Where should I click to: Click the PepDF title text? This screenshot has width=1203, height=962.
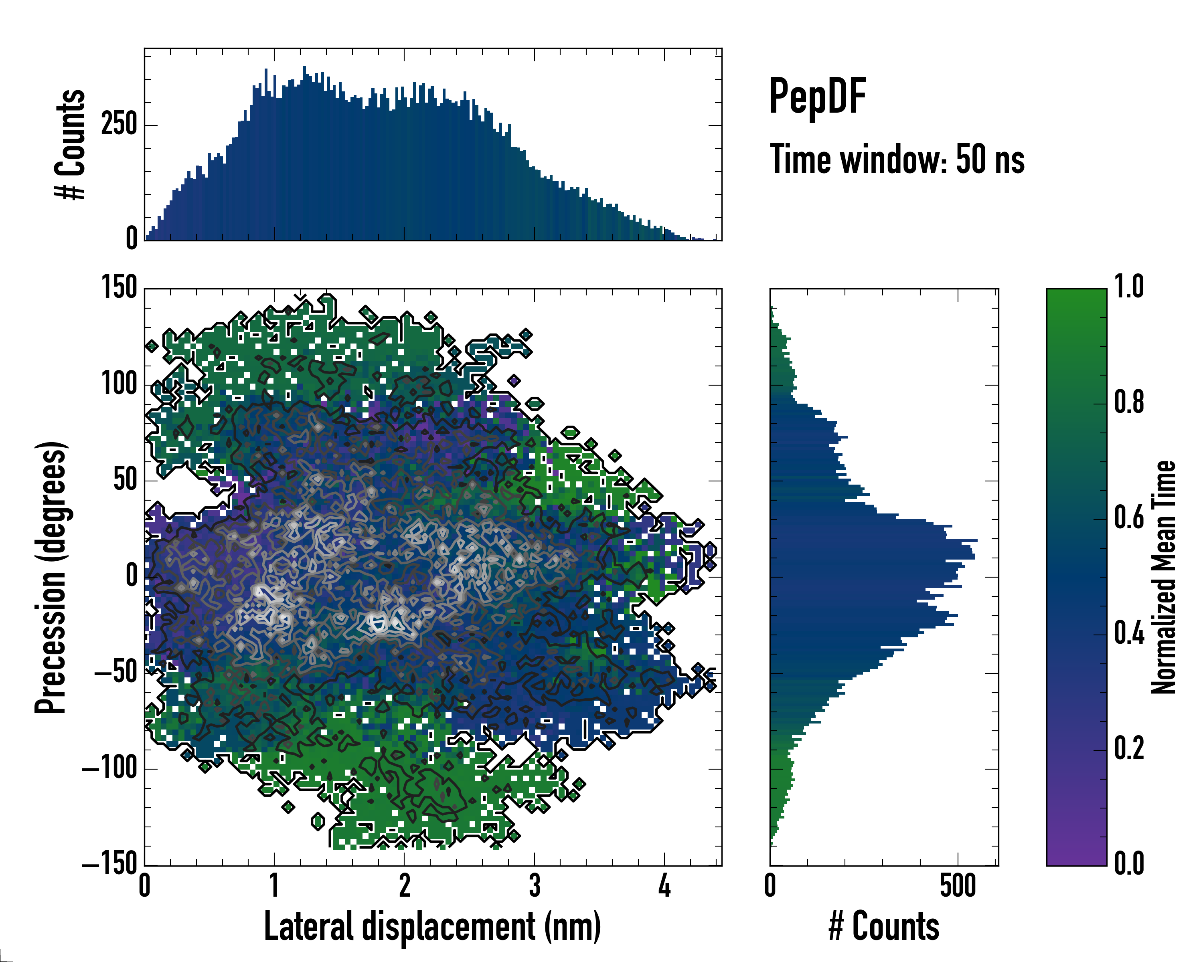click(817, 97)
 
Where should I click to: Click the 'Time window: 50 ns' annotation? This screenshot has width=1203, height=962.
click(897, 160)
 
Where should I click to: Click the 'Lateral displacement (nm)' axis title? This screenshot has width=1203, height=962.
click(432, 927)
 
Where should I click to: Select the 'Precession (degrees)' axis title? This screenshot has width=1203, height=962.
click(51, 578)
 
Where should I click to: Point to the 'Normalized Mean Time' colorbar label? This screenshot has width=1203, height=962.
click(1163, 578)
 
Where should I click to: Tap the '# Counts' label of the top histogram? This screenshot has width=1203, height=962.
click(70, 144)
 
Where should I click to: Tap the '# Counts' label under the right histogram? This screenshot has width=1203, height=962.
click(884, 927)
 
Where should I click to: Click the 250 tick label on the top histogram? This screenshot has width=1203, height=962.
click(119, 124)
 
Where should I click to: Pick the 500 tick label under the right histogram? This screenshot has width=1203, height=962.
click(958, 886)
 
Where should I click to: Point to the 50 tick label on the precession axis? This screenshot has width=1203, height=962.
click(125, 480)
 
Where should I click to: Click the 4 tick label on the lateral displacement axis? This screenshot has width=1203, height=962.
click(664, 886)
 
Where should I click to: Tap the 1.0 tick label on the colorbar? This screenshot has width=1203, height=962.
click(1129, 288)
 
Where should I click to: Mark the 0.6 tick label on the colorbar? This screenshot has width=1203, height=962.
click(1129, 519)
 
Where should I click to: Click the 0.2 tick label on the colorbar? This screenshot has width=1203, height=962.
click(1129, 749)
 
